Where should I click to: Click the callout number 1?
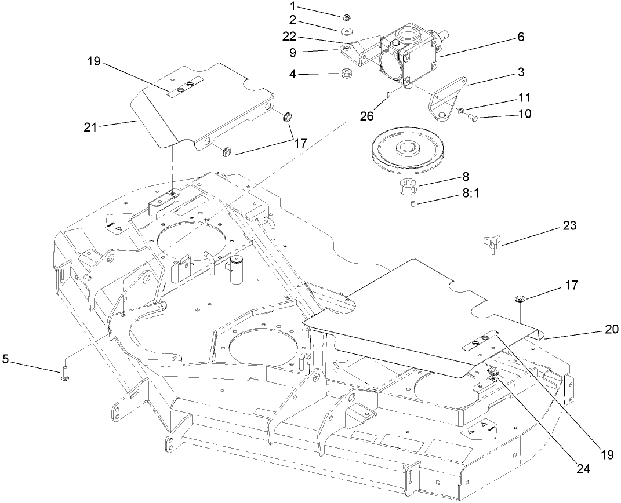point(326,6)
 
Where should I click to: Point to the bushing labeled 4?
point(348,75)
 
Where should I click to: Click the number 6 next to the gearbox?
point(520,37)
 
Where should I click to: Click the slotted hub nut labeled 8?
point(408,187)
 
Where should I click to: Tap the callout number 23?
point(570,226)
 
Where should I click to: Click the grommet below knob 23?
point(521,300)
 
